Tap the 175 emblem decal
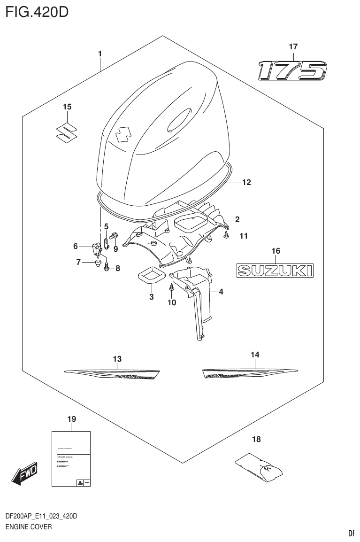[x=292, y=71]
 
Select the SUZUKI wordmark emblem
[x=275, y=270]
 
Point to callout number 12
[x=246, y=182]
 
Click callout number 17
[x=293, y=46]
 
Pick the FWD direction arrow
[x=24, y=472]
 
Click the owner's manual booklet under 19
[x=70, y=459]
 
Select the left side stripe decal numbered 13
[x=113, y=374]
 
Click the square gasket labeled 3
[x=151, y=275]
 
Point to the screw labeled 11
[x=227, y=236]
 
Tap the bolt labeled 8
[x=107, y=267]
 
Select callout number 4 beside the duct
[x=221, y=292]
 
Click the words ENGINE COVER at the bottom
[x=28, y=527]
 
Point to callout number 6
[x=75, y=246]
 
